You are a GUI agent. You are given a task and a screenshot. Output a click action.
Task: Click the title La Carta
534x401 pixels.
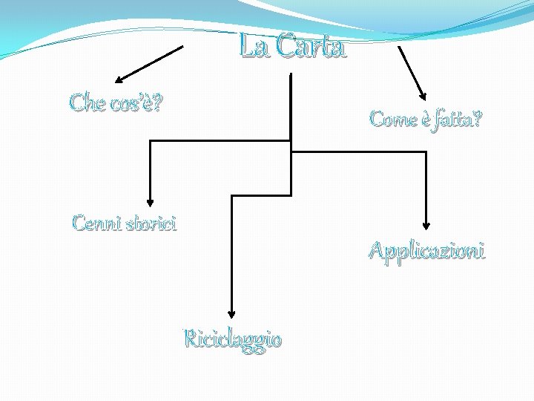[x=292, y=48]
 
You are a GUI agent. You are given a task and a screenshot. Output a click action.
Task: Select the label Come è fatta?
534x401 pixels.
[x=425, y=118]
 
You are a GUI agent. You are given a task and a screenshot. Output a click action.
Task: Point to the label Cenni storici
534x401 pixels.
[x=125, y=223]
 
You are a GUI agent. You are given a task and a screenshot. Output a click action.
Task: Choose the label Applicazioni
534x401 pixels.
[x=427, y=251]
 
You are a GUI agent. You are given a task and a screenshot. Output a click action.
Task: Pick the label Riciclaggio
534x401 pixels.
[x=233, y=339]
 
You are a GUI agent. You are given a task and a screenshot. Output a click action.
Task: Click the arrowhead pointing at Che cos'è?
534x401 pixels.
[x=119, y=78]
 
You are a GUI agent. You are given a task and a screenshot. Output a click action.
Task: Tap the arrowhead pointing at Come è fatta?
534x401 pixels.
[x=423, y=96]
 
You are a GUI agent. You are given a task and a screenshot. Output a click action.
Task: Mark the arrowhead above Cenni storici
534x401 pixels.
[x=151, y=200]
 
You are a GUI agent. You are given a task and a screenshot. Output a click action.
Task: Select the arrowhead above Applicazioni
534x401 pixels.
[x=426, y=224]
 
